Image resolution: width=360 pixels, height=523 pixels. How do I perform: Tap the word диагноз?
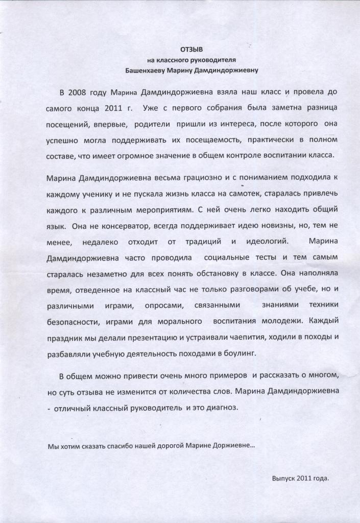click(221, 408)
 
